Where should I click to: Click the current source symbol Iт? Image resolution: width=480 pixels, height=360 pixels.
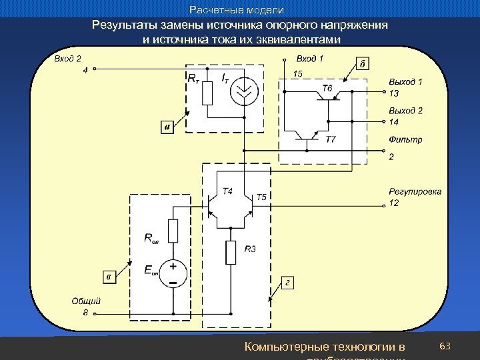[245, 93]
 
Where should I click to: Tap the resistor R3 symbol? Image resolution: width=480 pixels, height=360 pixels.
[231, 253]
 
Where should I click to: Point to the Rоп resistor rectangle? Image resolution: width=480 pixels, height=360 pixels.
[173, 231]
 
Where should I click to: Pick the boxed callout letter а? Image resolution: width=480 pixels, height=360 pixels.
[167, 126]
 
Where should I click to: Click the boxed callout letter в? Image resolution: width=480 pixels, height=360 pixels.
[107, 276]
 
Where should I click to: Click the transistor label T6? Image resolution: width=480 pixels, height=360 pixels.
[328, 87]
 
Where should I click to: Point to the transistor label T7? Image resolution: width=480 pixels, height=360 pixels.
[331, 139]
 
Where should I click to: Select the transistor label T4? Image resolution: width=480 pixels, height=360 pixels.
[227, 191]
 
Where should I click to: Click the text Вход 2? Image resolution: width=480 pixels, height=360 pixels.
[67, 59]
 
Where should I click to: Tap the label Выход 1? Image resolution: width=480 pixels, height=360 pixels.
[405, 81]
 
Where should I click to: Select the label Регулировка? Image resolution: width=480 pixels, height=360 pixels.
[415, 192]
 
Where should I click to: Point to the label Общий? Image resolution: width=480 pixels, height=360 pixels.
[86, 301]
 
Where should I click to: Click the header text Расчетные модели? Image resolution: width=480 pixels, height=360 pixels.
[237, 10]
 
